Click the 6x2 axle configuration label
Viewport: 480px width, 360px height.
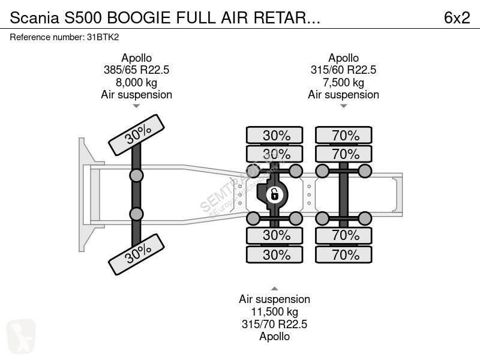[457, 18]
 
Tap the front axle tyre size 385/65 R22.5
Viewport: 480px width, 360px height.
[136, 70]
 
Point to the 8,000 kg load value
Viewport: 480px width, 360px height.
[136, 82]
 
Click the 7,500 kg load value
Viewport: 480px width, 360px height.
[343, 82]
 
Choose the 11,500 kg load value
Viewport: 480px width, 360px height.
[274, 312]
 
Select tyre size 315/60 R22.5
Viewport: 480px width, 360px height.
[343, 70]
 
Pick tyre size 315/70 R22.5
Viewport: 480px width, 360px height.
[274, 324]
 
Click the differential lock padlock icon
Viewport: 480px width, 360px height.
[274, 194]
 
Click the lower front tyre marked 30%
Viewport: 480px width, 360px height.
[136, 252]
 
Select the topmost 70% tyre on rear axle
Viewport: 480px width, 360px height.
[346, 135]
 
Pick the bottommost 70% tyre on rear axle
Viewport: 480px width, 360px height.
[346, 255]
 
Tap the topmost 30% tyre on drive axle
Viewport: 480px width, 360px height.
[276, 135]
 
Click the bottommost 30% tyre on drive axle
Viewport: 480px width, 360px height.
[276, 255]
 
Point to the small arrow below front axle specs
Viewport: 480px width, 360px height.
[136, 106]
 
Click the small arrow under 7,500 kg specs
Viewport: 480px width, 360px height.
[343, 106]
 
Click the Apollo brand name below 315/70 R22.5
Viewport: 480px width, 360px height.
[274, 337]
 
